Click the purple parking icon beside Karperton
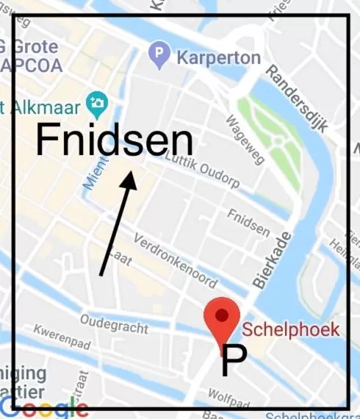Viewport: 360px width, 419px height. pyautogui.click(x=159, y=55)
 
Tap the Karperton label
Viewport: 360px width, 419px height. pyautogui.click(x=218, y=57)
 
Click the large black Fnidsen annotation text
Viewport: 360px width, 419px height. pyautogui.click(x=114, y=140)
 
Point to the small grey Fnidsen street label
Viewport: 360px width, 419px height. pyautogui.click(x=248, y=221)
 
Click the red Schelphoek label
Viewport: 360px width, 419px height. pyautogui.click(x=291, y=329)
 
